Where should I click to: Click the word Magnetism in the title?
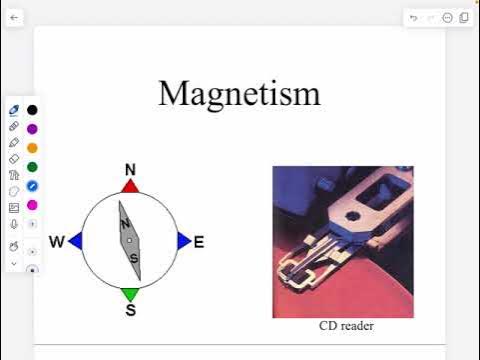(x=239, y=93)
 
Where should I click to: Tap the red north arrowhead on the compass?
(x=130, y=186)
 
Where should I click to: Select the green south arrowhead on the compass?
(x=130, y=294)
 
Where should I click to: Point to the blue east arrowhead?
(x=184, y=240)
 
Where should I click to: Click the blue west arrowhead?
(x=75, y=240)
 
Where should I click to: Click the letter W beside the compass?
(x=57, y=241)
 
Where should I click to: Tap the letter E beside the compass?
(x=198, y=241)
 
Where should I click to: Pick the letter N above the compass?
(x=130, y=169)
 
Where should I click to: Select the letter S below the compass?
(x=130, y=310)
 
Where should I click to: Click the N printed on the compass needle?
(x=126, y=224)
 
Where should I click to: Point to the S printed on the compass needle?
(x=133, y=257)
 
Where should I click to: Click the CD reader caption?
(x=346, y=326)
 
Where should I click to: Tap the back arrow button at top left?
(x=14, y=18)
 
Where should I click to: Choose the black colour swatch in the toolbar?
(x=32, y=110)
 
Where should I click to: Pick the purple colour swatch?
(x=32, y=129)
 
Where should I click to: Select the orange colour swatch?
(x=32, y=148)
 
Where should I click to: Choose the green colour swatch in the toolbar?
(x=32, y=167)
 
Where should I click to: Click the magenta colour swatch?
(x=32, y=205)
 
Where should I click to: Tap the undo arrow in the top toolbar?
(x=414, y=18)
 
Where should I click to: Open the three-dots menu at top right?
(x=447, y=18)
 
